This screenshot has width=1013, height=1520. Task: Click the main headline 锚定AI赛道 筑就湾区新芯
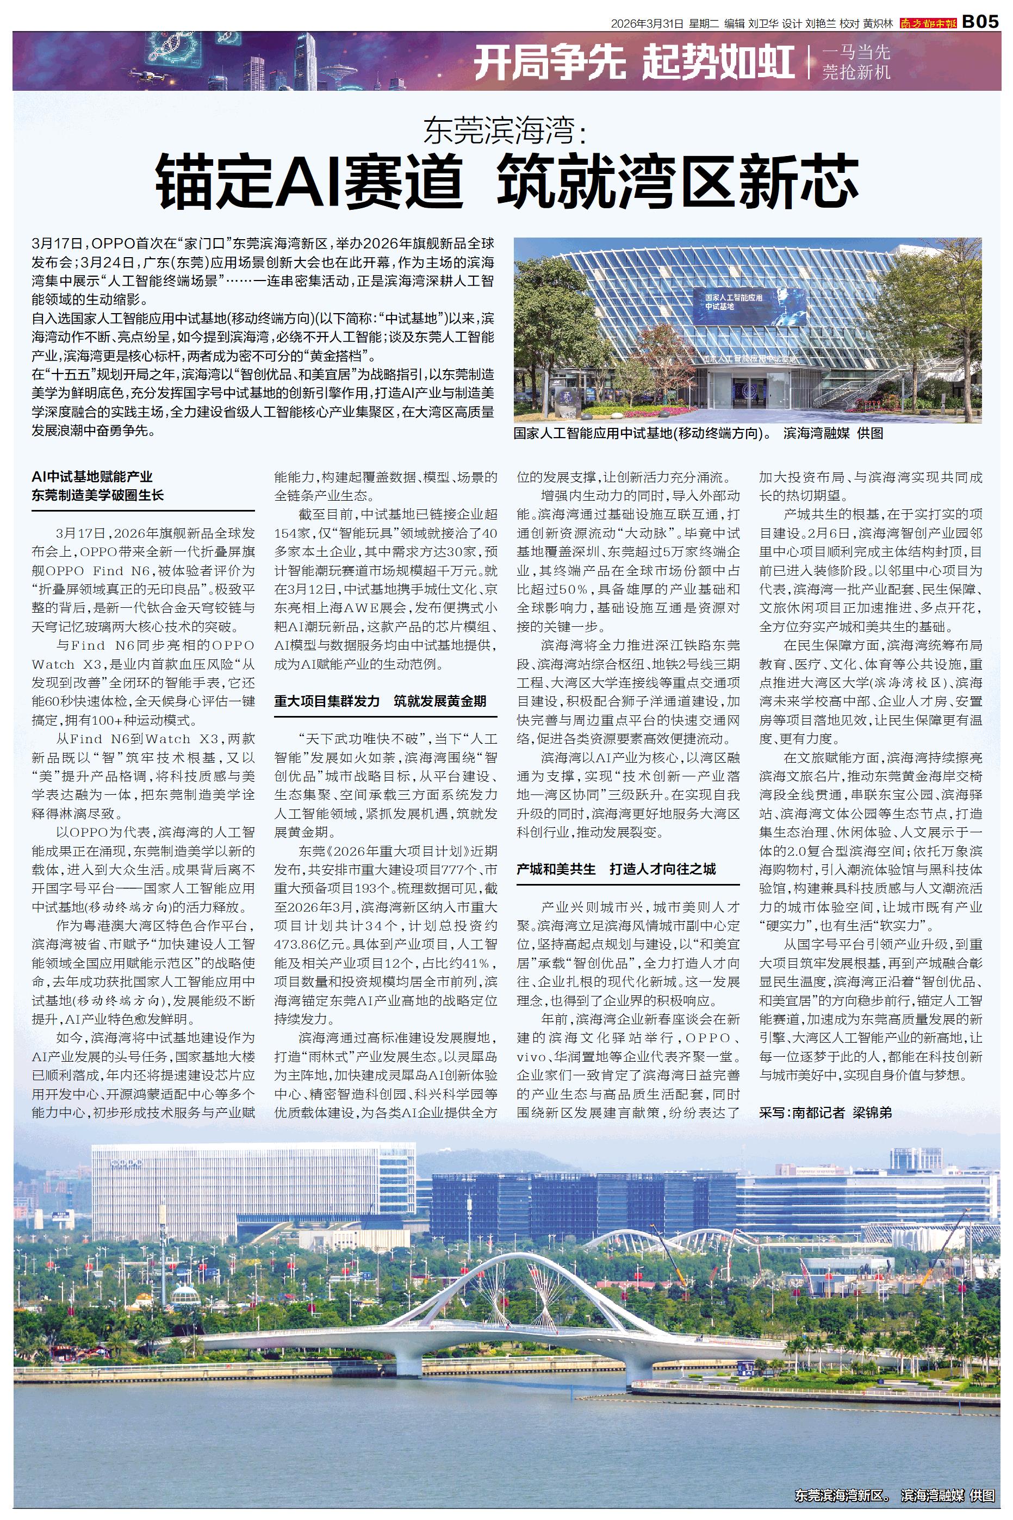pyautogui.click(x=507, y=182)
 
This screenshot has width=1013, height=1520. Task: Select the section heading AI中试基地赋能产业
pyautogui.click(x=92, y=477)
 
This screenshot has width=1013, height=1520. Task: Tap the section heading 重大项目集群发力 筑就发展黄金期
pyautogui.click(x=380, y=701)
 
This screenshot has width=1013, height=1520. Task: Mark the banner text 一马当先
pyautogui.click(x=855, y=52)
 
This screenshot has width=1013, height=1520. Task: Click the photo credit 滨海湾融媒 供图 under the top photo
pyautogui.click(x=833, y=434)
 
